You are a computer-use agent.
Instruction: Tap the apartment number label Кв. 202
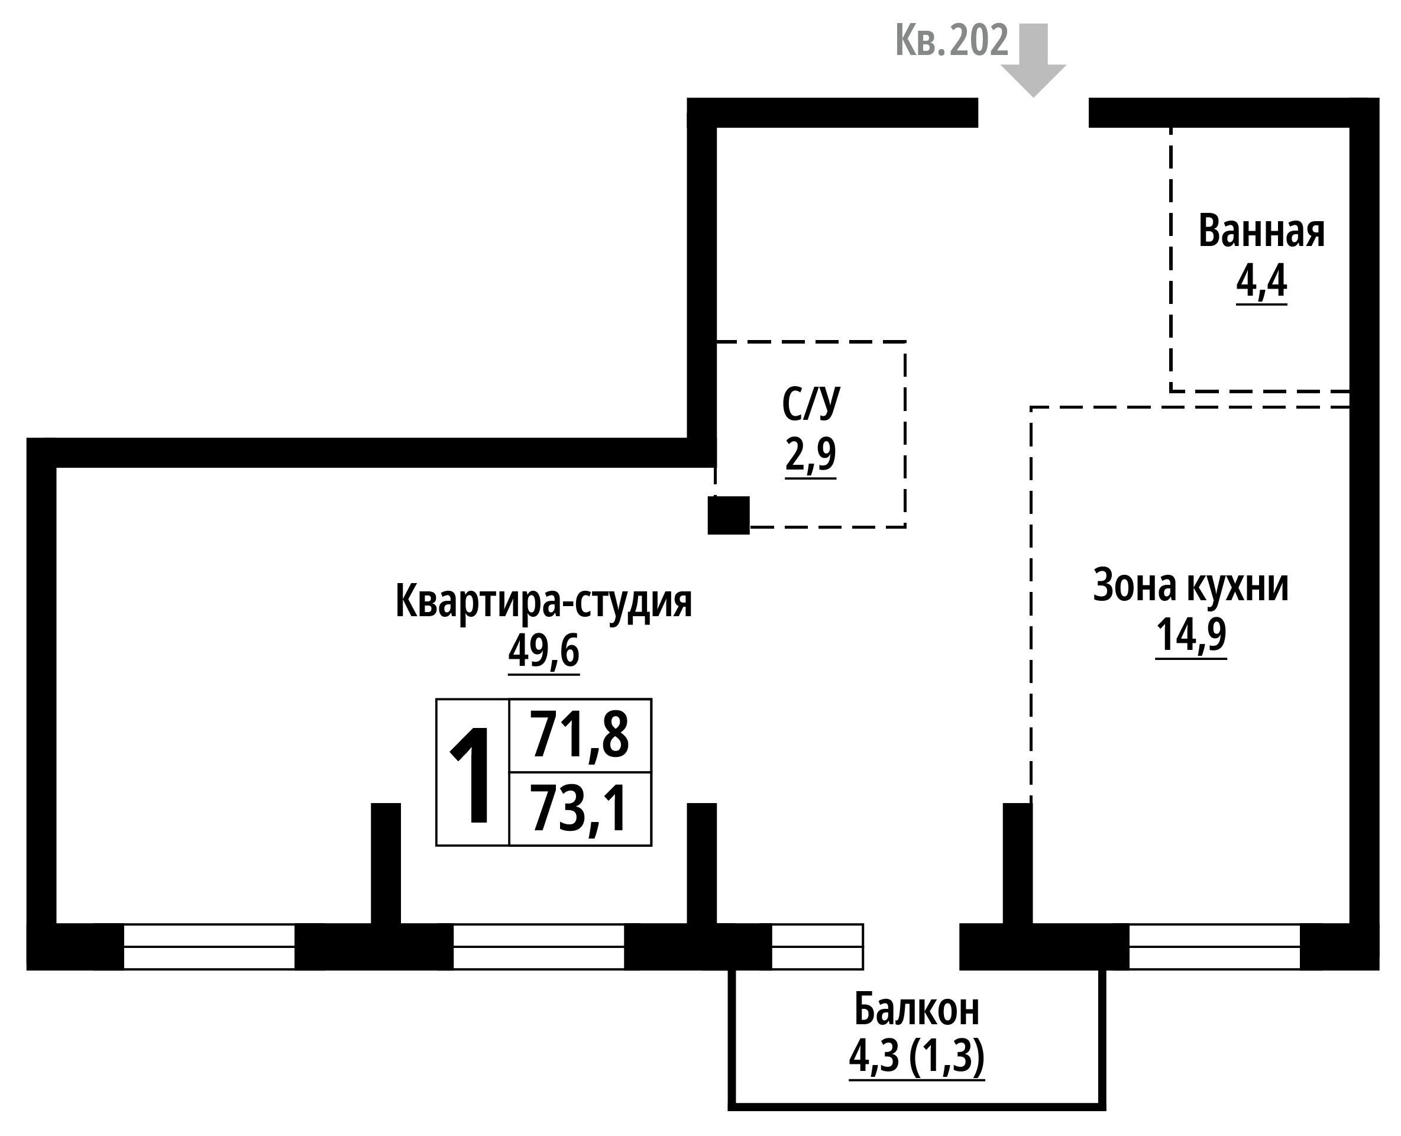[952, 41]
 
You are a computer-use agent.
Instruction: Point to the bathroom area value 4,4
[1261, 282]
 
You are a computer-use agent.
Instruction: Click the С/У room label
[811, 403]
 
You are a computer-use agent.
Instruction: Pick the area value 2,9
[811, 454]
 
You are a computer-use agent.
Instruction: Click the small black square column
[729, 515]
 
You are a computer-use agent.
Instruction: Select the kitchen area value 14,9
[1190, 635]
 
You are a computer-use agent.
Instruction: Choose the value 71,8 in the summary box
[579, 735]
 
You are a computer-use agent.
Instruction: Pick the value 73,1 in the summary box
[579, 810]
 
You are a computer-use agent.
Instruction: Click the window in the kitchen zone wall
[1214, 946]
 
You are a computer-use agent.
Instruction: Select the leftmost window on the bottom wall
[209, 946]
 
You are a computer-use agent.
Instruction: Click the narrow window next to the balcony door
[817, 946]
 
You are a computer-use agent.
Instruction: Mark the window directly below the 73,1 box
[538, 946]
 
